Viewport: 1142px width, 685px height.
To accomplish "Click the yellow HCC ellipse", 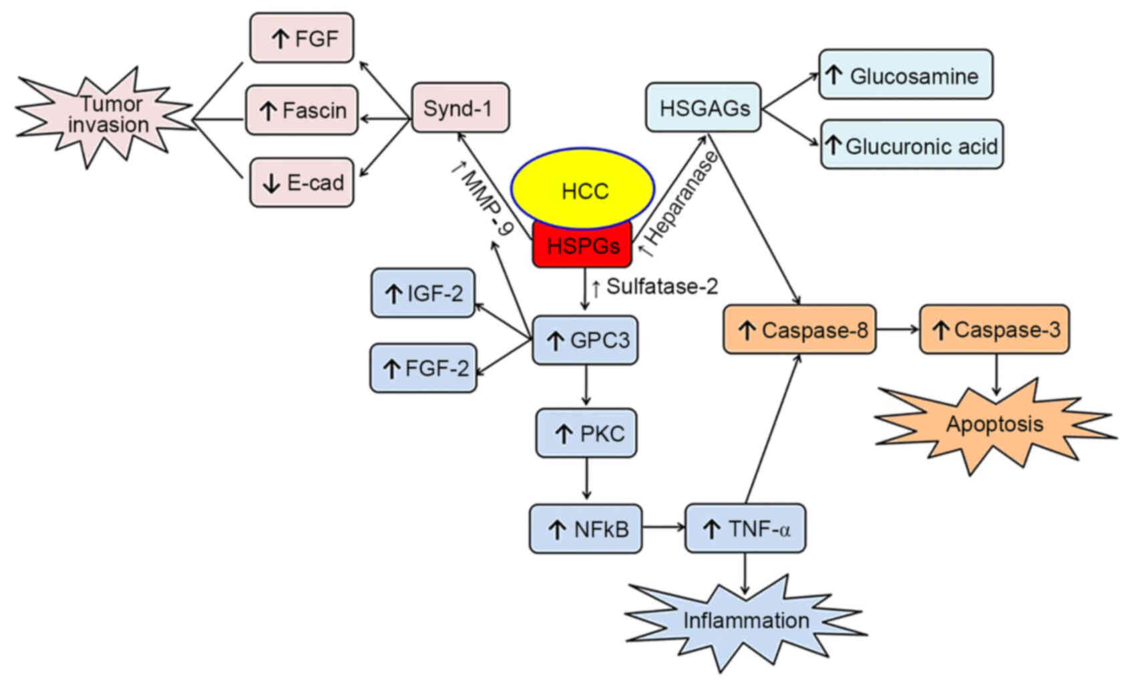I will point(584,190).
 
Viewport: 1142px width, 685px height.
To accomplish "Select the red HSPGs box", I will point(582,245).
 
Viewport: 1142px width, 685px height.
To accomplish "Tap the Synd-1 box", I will point(459,108).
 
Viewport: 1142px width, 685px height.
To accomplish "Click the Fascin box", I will point(302,110).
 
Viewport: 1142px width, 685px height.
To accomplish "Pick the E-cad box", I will point(302,182).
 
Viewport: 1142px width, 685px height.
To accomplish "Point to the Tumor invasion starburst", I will point(107,115).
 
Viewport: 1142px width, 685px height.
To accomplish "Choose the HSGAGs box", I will point(703,108).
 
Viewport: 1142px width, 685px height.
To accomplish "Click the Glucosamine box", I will point(906,75).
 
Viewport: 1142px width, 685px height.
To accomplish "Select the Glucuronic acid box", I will point(912,145).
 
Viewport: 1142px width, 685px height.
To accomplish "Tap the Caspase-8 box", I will point(799,329).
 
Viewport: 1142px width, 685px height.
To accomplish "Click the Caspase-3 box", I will point(994,329).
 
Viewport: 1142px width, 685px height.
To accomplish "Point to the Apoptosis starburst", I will point(994,424).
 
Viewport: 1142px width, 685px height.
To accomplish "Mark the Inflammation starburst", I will point(745,621).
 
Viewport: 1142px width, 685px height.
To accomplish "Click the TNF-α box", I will point(745,529).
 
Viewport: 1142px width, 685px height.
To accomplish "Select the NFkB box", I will point(586,529).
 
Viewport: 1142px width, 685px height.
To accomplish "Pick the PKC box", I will point(586,434).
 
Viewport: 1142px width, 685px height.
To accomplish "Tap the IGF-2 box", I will point(423,293).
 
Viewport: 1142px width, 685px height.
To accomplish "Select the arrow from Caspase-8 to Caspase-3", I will point(898,329).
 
